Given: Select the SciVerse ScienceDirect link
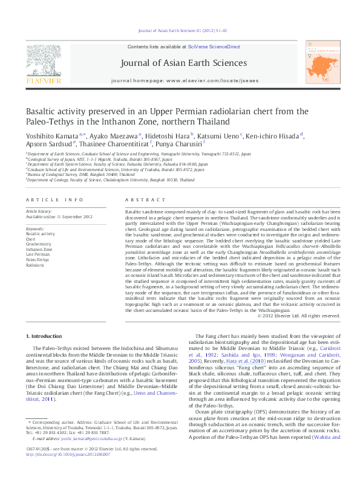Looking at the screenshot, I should (x=214, y=47).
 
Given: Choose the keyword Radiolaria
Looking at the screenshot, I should (x=34, y=265).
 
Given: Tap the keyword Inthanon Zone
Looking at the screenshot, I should (x=39, y=248).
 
